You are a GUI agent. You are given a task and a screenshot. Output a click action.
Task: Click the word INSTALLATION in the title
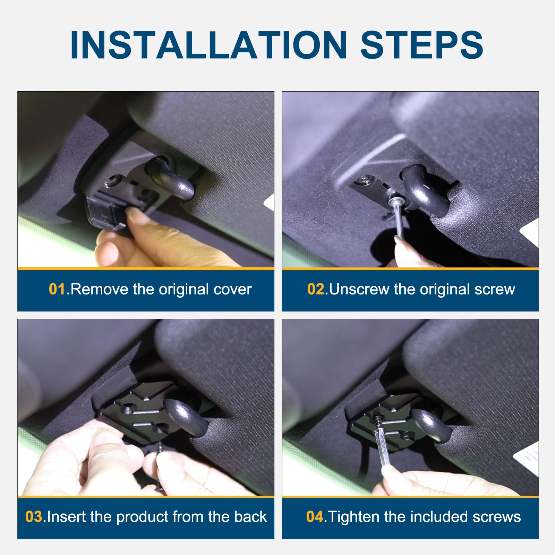[208, 45]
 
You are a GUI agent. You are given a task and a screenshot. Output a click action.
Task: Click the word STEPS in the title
[422, 45]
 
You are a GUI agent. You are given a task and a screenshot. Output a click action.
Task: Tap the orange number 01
[57, 289]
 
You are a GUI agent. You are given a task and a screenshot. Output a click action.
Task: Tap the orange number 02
[316, 289]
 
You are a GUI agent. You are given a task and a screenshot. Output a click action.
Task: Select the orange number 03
[34, 517]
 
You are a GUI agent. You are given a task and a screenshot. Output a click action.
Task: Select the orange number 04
[315, 517]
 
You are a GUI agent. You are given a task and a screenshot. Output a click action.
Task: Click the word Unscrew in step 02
[359, 289]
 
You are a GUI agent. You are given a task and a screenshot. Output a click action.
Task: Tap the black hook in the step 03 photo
[182, 415]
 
